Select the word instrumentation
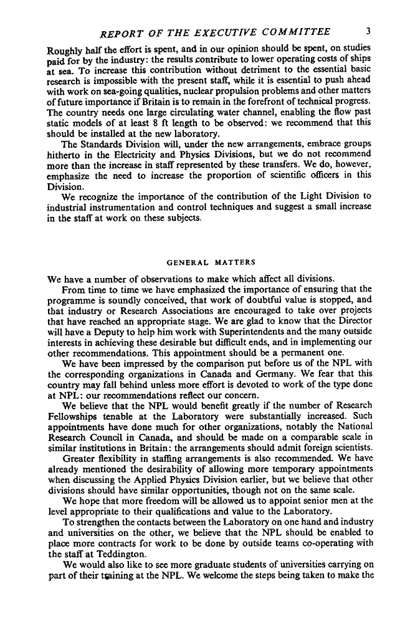click(125, 203)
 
